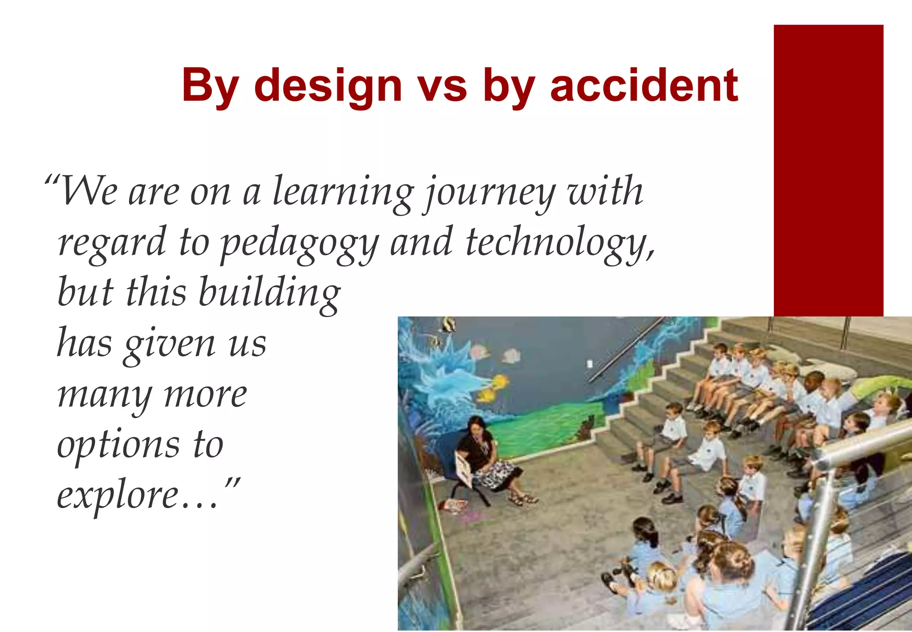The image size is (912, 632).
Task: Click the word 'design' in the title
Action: (x=328, y=86)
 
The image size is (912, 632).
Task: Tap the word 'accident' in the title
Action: (x=644, y=86)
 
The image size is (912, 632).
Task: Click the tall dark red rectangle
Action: (x=828, y=169)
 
